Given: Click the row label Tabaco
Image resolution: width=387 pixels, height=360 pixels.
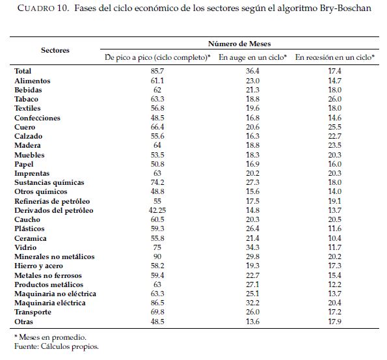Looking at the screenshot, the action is pyautogui.click(x=26, y=99).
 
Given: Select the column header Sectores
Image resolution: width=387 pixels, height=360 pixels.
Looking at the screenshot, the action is pyautogui.click(x=55, y=50).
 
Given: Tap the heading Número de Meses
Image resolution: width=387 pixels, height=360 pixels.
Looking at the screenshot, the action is pyautogui.click(x=239, y=44).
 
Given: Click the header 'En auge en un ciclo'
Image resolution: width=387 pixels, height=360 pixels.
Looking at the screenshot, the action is pyautogui.click(x=252, y=57).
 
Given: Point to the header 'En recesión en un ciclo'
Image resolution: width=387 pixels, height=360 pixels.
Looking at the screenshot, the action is pyautogui.click(x=335, y=57).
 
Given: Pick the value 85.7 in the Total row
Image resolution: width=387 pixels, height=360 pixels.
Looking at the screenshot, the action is pyautogui.click(x=157, y=71).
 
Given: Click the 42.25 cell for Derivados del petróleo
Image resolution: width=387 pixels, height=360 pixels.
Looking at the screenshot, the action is pyautogui.click(x=157, y=210).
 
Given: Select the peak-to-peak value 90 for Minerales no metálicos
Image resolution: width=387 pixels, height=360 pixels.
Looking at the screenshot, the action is pyautogui.click(x=157, y=256).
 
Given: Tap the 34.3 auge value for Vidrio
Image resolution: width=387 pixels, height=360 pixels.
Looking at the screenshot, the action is pyautogui.click(x=252, y=247).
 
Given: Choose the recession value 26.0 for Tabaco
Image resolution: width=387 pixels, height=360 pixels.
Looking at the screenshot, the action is pyautogui.click(x=335, y=99).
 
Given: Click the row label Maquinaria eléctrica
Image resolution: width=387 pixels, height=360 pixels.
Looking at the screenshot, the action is pyautogui.click(x=50, y=303).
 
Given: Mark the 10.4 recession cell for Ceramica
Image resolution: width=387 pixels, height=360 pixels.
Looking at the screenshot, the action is pyautogui.click(x=335, y=238).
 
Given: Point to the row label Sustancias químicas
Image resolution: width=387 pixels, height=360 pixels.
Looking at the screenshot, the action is pyautogui.click(x=49, y=182).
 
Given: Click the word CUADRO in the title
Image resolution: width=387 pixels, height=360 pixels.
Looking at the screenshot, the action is pyautogui.click(x=36, y=8).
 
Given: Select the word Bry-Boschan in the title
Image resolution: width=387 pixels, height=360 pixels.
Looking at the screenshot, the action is pyautogui.click(x=345, y=8).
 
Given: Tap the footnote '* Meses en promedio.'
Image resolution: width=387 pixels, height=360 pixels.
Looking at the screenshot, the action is pyautogui.click(x=50, y=337).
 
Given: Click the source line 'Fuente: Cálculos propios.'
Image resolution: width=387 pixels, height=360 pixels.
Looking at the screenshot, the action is pyautogui.click(x=57, y=346).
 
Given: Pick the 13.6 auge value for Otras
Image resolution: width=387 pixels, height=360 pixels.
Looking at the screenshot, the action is pyautogui.click(x=252, y=322).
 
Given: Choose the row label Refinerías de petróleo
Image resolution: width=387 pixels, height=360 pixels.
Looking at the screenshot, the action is pyautogui.click(x=52, y=201).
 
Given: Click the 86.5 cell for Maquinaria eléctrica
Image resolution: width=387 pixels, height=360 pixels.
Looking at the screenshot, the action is pyautogui.click(x=157, y=303).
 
